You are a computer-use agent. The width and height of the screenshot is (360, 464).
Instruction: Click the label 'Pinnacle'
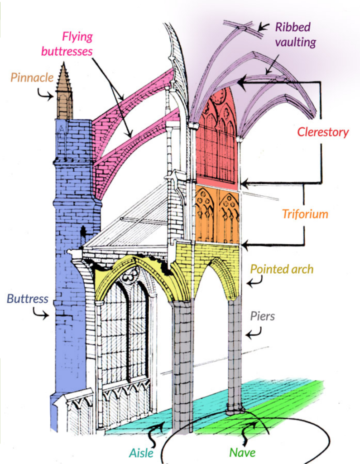(x=32, y=77)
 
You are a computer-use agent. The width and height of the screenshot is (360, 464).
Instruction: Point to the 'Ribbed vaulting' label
(x=295, y=34)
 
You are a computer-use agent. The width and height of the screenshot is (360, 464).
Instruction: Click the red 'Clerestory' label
(x=322, y=132)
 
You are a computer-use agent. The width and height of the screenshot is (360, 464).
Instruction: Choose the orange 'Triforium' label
(x=304, y=213)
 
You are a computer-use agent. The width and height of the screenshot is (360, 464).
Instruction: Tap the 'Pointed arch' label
(x=282, y=269)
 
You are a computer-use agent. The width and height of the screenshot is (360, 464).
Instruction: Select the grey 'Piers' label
(x=262, y=316)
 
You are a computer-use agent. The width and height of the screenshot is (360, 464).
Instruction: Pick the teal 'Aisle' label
(x=141, y=453)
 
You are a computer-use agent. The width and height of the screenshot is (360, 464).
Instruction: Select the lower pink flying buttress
(x=136, y=145)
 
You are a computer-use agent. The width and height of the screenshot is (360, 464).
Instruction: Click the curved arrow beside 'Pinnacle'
(x=44, y=95)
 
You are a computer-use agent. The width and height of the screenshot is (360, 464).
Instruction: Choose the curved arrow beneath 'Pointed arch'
(x=254, y=282)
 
